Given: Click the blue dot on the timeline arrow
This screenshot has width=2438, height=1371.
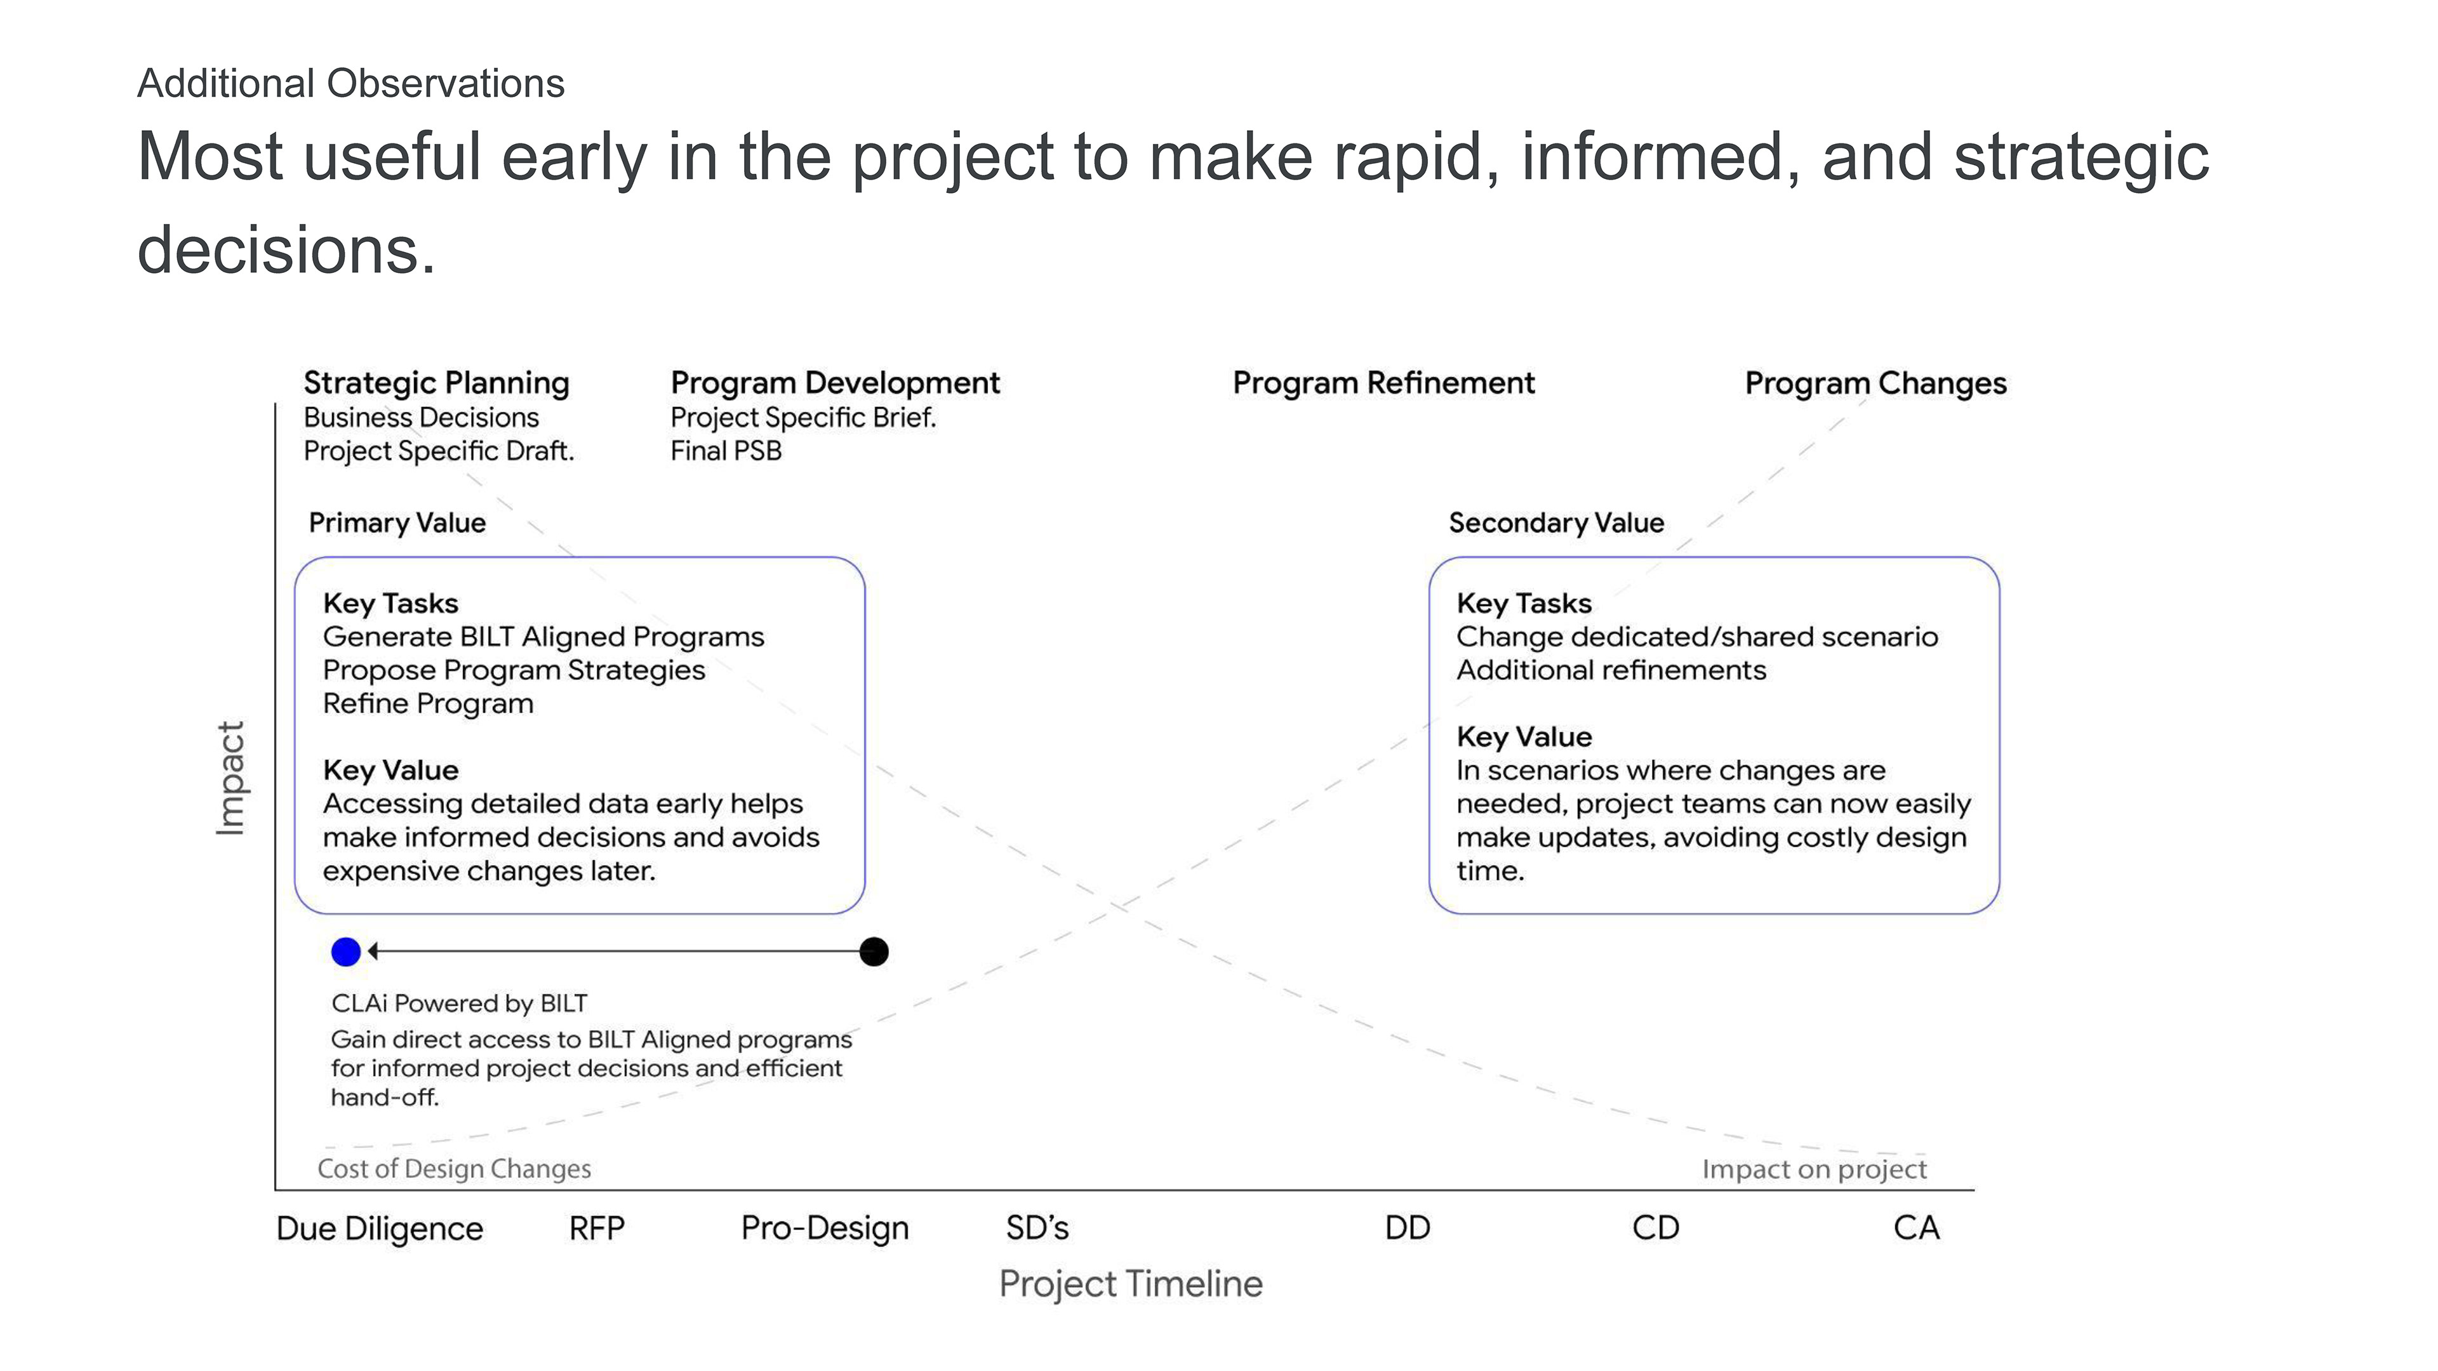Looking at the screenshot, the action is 347,952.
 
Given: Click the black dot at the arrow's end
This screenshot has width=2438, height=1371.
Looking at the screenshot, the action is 874,952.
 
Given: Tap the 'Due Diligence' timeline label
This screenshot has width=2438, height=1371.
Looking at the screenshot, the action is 380,1228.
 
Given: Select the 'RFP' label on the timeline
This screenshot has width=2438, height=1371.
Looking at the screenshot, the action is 596,1228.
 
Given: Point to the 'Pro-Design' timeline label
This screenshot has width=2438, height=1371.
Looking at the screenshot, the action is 824,1228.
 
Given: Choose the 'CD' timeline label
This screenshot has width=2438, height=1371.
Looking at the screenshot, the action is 1655,1228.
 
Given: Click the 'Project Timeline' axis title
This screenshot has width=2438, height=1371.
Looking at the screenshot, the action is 1131,1284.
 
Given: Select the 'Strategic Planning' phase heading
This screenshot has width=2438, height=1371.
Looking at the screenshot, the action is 436,383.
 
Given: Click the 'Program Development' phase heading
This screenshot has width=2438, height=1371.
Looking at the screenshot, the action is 835,383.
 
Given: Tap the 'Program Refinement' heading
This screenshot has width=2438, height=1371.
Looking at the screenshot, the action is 1383,383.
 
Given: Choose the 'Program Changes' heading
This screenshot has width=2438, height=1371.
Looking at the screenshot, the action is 1876,383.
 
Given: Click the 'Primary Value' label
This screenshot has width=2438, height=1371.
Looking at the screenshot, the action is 397,523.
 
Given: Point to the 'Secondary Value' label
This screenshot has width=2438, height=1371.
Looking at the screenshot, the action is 1556,523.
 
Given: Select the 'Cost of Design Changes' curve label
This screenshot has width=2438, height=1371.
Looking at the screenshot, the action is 455,1169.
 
